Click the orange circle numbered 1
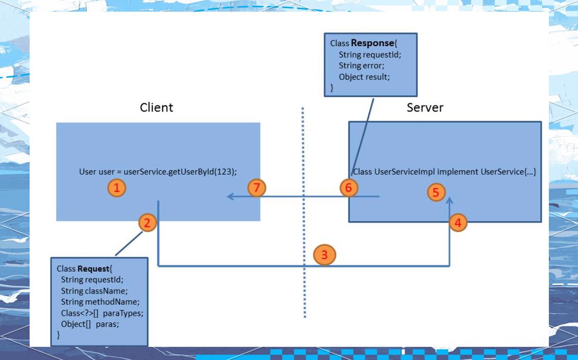click(x=117, y=188)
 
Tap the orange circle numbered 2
click(x=147, y=222)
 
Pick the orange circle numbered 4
click(x=458, y=222)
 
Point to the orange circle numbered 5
click(x=436, y=192)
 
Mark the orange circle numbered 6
click(x=349, y=188)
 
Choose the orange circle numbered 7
click(x=257, y=188)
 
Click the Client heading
click(x=157, y=107)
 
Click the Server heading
click(x=425, y=107)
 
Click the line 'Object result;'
click(x=364, y=77)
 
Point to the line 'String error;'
click(x=361, y=65)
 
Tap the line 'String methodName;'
click(x=100, y=302)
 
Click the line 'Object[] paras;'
click(x=90, y=324)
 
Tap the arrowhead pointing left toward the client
click(x=231, y=196)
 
